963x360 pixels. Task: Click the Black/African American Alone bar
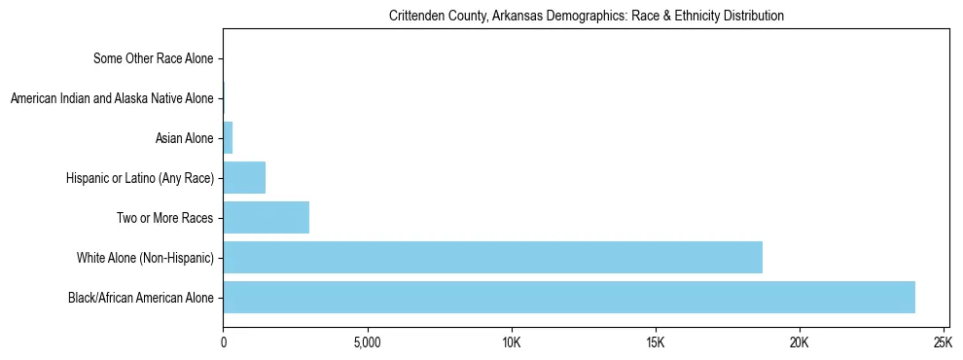[569, 297]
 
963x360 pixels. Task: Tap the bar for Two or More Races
[267, 218]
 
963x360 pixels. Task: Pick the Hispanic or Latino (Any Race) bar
[244, 178]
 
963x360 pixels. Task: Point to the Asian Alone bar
[229, 138]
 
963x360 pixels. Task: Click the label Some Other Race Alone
[153, 59]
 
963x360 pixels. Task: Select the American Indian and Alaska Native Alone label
[111, 98]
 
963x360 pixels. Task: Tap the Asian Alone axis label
[184, 138]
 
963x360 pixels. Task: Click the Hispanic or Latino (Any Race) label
[139, 178]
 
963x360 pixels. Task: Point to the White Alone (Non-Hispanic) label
[145, 258]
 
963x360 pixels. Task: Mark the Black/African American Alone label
[140, 297]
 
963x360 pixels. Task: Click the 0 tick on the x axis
[224, 343]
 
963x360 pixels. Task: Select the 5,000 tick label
[367, 343]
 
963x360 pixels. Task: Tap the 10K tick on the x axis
[511, 343]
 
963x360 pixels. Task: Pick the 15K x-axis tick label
[655, 343]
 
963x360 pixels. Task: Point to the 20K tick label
[799, 343]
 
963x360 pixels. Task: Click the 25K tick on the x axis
[943, 343]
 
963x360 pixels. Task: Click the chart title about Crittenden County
[586, 17]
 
